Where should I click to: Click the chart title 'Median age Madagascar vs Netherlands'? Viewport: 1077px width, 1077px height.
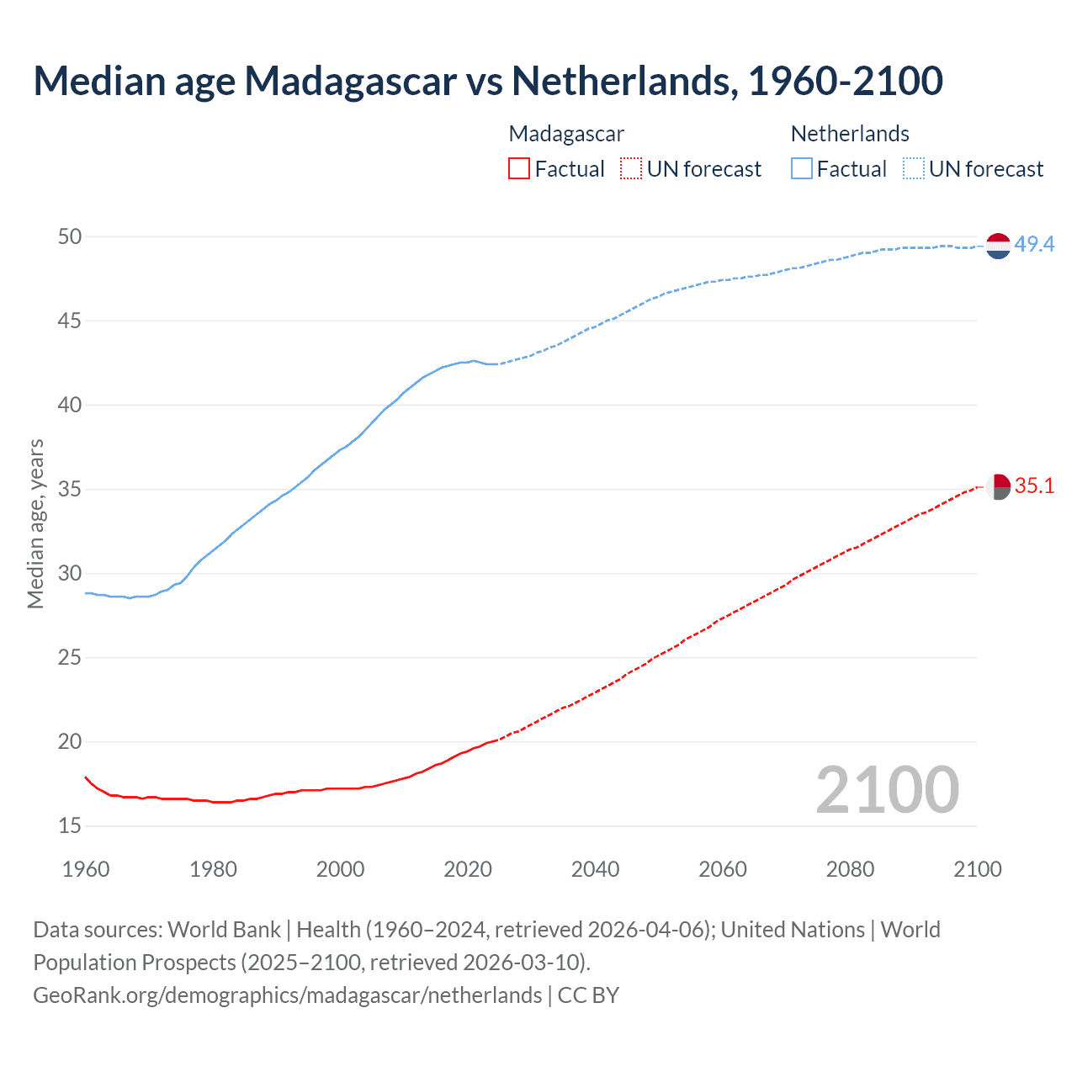coord(488,81)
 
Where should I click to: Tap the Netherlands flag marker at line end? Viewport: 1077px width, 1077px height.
coord(998,246)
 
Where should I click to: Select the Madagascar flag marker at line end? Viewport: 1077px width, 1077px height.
coord(998,487)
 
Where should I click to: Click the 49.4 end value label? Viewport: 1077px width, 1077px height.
coord(1034,245)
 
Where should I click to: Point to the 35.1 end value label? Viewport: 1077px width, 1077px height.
coord(1034,486)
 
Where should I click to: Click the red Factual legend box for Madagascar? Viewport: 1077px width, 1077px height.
coord(519,169)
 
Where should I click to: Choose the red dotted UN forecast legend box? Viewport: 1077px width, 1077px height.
coord(631,169)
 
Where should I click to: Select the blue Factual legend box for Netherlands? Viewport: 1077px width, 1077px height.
coord(801,169)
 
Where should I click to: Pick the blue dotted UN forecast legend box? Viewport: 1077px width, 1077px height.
coord(913,169)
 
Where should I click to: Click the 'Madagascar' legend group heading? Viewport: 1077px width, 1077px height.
coord(566,134)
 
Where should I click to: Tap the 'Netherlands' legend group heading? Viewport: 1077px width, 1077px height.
coord(850,134)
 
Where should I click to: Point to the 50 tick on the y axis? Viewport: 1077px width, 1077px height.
coord(70,237)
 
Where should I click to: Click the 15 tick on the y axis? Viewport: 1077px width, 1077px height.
coord(70,826)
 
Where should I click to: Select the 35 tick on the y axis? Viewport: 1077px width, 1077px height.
coord(70,490)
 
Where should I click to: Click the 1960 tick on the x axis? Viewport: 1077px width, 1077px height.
coord(86,869)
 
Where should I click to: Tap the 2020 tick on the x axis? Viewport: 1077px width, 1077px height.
coord(468,869)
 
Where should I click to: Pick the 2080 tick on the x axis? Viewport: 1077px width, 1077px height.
coord(850,869)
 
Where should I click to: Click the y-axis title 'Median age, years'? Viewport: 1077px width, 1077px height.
coord(35,523)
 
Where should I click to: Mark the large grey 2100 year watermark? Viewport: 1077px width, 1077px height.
coord(887,789)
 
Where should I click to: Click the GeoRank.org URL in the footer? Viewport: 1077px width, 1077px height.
coord(287,995)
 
